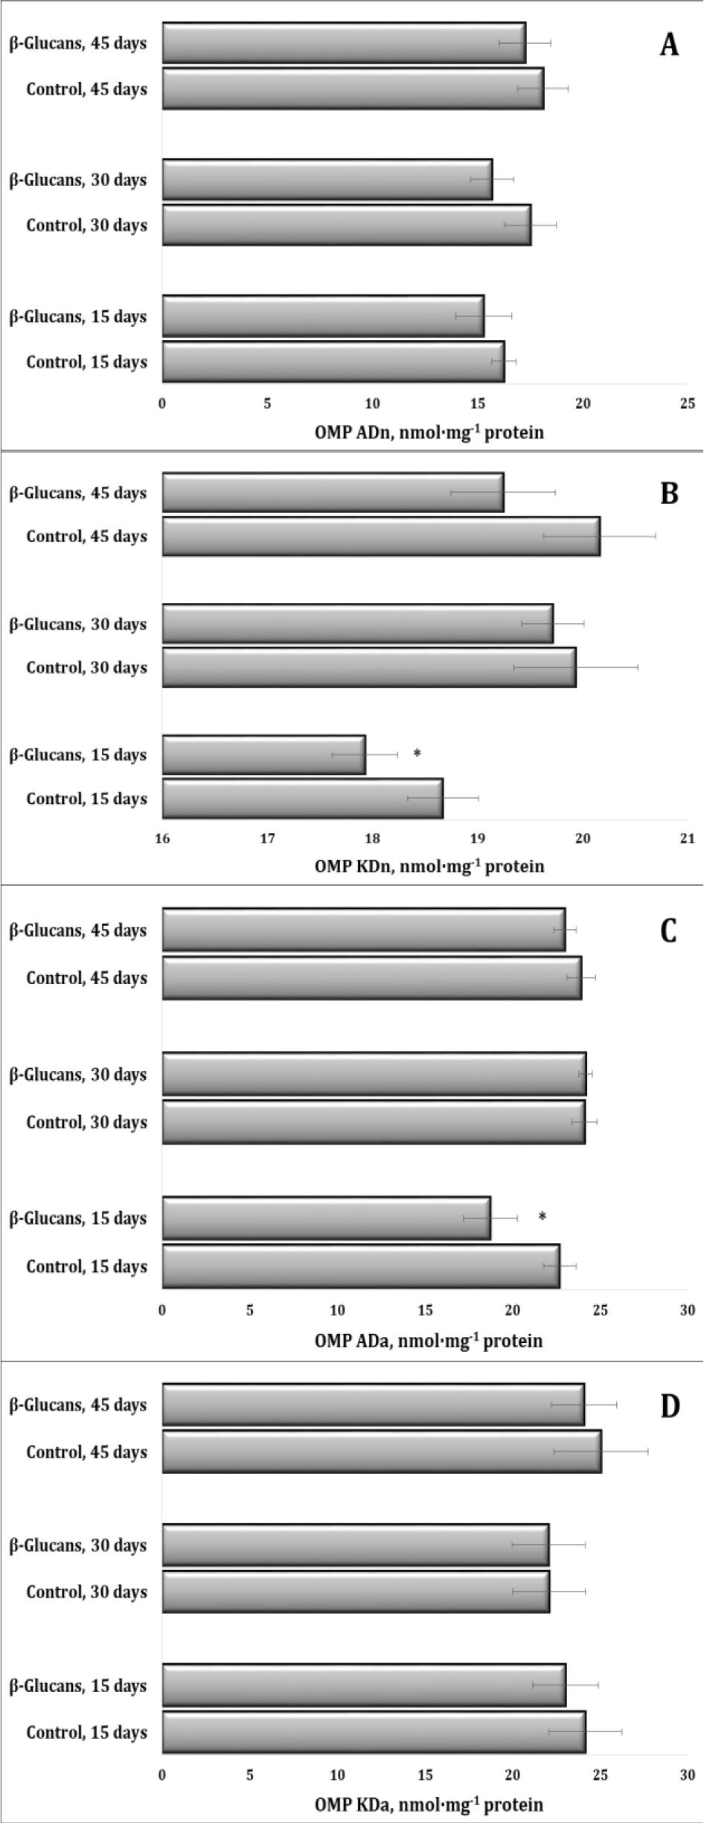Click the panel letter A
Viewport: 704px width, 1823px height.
pyautogui.click(x=669, y=45)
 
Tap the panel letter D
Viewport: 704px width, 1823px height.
pyautogui.click(x=670, y=1407)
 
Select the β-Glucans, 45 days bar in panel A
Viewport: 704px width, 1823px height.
pyautogui.click(x=344, y=43)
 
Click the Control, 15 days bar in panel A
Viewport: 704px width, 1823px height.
pyautogui.click(x=333, y=362)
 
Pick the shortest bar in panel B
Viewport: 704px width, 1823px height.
pyautogui.click(x=263, y=755)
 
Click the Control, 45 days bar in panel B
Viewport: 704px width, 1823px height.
pyautogui.click(x=381, y=536)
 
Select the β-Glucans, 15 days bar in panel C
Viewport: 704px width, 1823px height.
pyautogui.click(x=326, y=1218)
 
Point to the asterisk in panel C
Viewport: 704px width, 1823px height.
pyautogui.click(x=543, y=1217)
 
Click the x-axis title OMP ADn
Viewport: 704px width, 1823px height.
pyautogui.click(x=429, y=432)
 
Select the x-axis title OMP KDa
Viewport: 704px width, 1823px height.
pyautogui.click(x=429, y=1804)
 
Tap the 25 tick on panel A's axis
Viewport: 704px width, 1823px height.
pyautogui.click(x=688, y=403)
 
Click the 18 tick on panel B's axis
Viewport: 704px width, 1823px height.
pyautogui.click(x=372, y=839)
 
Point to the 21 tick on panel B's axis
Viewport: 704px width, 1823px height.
pyautogui.click(x=688, y=839)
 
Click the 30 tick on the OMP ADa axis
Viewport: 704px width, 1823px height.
pyautogui.click(x=688, y=1310)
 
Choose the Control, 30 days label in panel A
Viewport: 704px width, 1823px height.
pyautogui.click(x=86, y=225)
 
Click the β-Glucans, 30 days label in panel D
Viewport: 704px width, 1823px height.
pyautogui.click(x=77, y=1546)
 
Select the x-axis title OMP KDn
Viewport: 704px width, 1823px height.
pyautogui.click(x=429, y=866)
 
